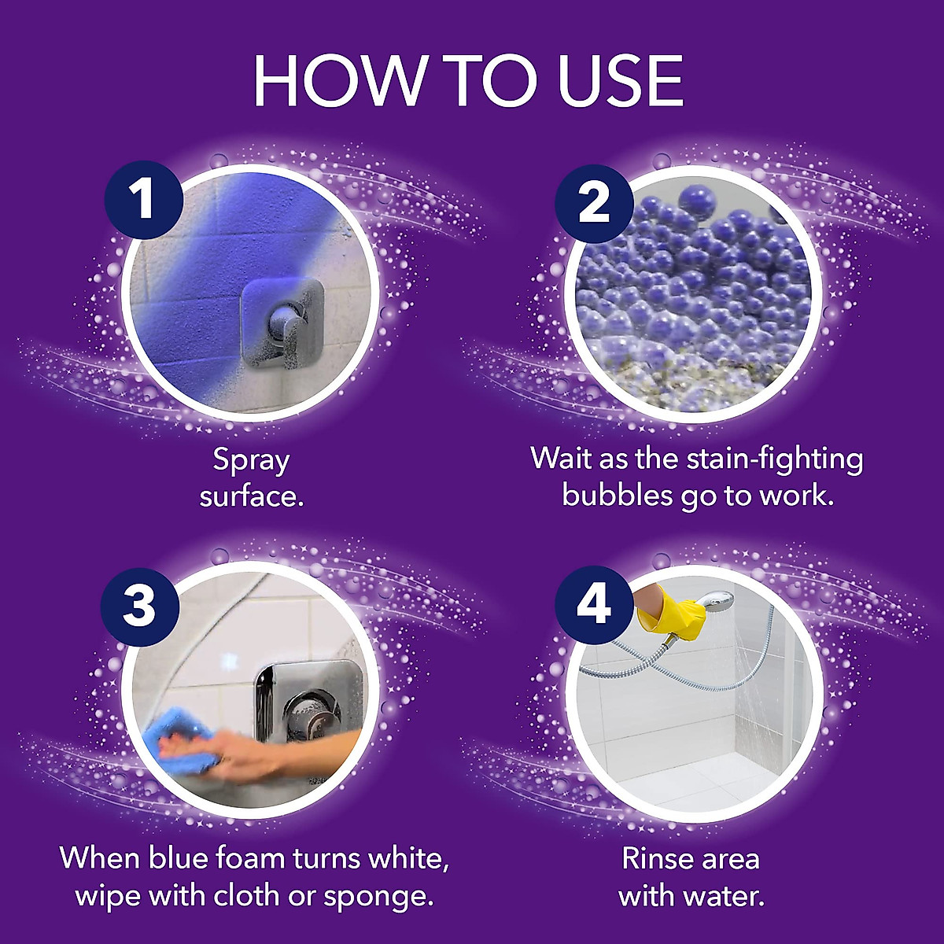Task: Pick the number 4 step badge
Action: tap(593, 605)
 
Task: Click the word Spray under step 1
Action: tap(251, 460)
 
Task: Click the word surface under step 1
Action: tap(251, 497)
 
